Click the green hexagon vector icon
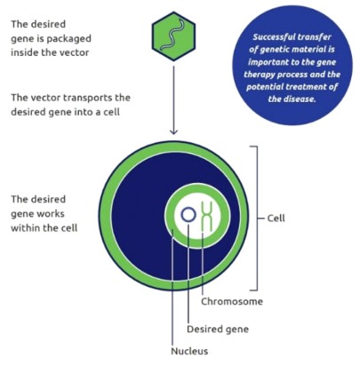[x=173, y=36]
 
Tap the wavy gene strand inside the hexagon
[x=173, y=35]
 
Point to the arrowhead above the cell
[x=173, y=131]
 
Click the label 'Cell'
[x=276, y=218]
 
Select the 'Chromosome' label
[x=232, y=302]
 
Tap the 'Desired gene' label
[x=218, y=329]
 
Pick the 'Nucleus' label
[x=189, y=351]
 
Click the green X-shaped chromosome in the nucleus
[x=207, y=217]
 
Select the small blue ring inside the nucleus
[x=188, y=215]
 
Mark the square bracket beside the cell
[x=254, y=218]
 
